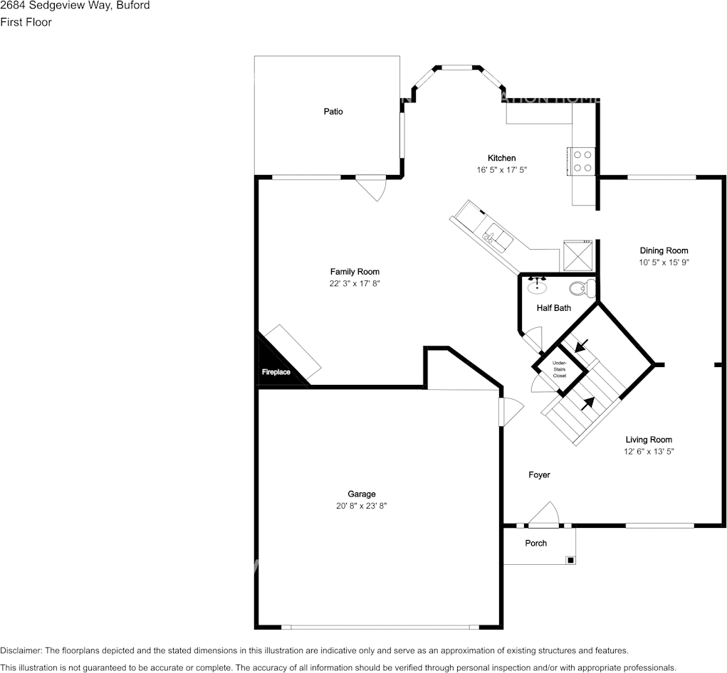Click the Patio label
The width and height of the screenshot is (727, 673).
coord(333,112)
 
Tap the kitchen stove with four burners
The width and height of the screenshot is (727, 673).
coord(581,161)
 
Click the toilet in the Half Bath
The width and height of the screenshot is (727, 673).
coord(584,288)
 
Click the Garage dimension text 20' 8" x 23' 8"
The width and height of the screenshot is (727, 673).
coord(362,506)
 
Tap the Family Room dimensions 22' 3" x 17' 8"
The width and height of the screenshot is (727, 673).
coord(355,283)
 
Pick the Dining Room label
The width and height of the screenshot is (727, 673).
coord(664,250)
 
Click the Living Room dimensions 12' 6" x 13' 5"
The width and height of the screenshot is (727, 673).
coord(649,451)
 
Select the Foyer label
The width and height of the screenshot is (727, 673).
coord(539,475)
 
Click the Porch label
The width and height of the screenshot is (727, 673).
coord(536,543)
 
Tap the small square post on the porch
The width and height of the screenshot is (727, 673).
coord(570,560)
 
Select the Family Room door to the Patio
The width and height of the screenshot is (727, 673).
coord(372,187)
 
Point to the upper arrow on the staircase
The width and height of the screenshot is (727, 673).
coord(581,346)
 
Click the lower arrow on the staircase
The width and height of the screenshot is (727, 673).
coord(587,403)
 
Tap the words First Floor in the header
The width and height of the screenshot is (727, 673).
coord(26,22)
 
